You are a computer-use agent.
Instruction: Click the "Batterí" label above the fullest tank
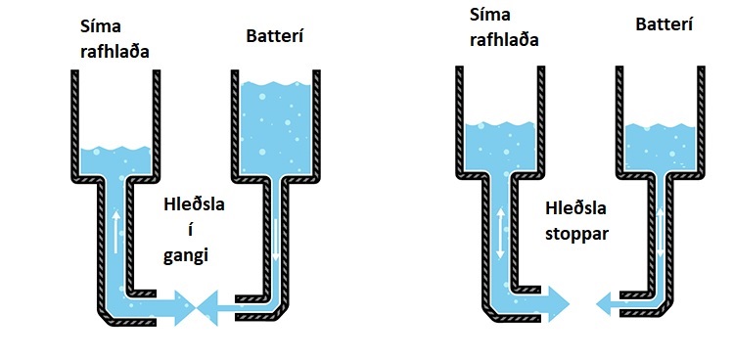277,37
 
